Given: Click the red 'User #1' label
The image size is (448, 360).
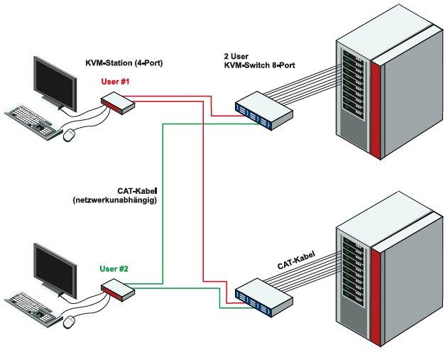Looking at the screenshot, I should [114, 82].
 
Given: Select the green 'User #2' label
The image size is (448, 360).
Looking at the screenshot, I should [114, 269].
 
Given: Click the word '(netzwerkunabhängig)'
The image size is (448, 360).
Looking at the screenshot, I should [114, 200].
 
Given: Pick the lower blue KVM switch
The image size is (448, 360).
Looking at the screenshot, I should [263, 294].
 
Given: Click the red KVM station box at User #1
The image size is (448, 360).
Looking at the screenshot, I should [118, 105].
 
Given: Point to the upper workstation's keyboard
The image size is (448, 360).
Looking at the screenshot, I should [33, 120].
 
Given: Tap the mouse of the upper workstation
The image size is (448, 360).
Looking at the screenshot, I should [69, 133].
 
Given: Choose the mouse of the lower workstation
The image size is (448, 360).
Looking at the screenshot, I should [70, 322].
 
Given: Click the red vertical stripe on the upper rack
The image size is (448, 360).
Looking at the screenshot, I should [375, 107].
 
